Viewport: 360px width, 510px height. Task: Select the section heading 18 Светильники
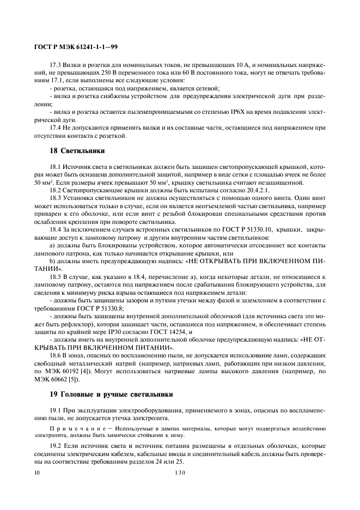(77, 150)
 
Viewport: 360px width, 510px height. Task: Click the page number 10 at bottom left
(36, 473)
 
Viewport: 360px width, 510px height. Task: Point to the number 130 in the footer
(180, 473)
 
